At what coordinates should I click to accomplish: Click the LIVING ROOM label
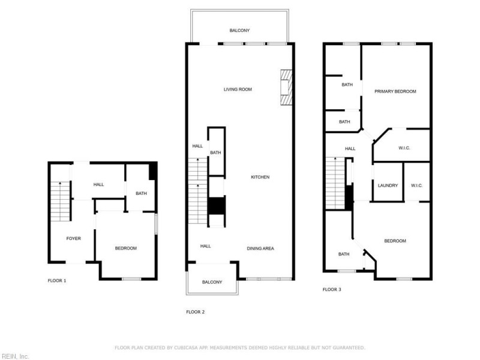coord(238,89)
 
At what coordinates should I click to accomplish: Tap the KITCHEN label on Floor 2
coord(260,177)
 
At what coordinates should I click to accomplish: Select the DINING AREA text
coord(260,248)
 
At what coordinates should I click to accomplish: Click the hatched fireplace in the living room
coord(286,88)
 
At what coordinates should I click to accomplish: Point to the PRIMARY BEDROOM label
coord(395,91)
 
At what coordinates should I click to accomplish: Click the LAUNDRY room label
coord(388,185)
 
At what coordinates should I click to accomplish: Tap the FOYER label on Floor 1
coord(73,238)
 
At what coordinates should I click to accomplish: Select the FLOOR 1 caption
coord(57,280)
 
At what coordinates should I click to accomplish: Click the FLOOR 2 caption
coord(196,311)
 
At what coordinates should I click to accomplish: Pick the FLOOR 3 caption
coord(332,289)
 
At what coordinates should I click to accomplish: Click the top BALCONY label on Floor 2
coord(239,30)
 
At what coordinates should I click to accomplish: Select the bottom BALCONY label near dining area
coord(212,282)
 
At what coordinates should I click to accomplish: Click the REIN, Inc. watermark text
coord(15,356)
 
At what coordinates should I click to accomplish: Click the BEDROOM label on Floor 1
coord(126,248)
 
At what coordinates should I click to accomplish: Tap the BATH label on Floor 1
coord(141,193)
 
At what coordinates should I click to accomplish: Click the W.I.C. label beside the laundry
coord(417,185)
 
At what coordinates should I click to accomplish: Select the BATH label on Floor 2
coord(215,152)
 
